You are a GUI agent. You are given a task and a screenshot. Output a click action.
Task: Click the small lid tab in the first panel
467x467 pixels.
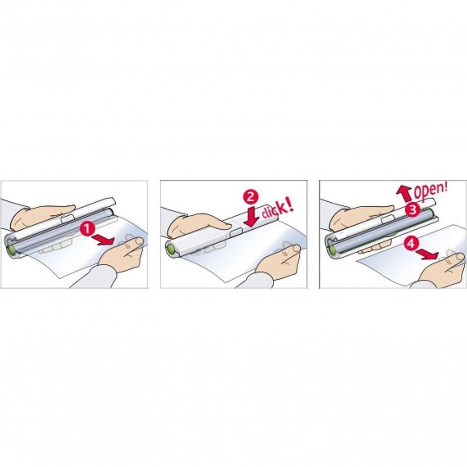68,218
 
